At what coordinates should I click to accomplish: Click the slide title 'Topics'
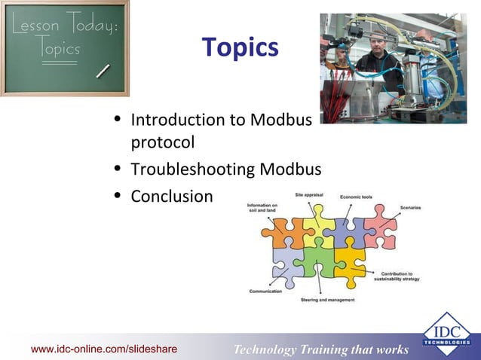tap(240, 48)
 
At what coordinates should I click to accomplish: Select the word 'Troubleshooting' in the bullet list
tap(193, 169)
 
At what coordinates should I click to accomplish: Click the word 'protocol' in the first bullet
tap(163, 142)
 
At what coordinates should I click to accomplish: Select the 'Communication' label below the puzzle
tap(265, 291)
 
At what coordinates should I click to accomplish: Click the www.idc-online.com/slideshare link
tap(104, 349)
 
